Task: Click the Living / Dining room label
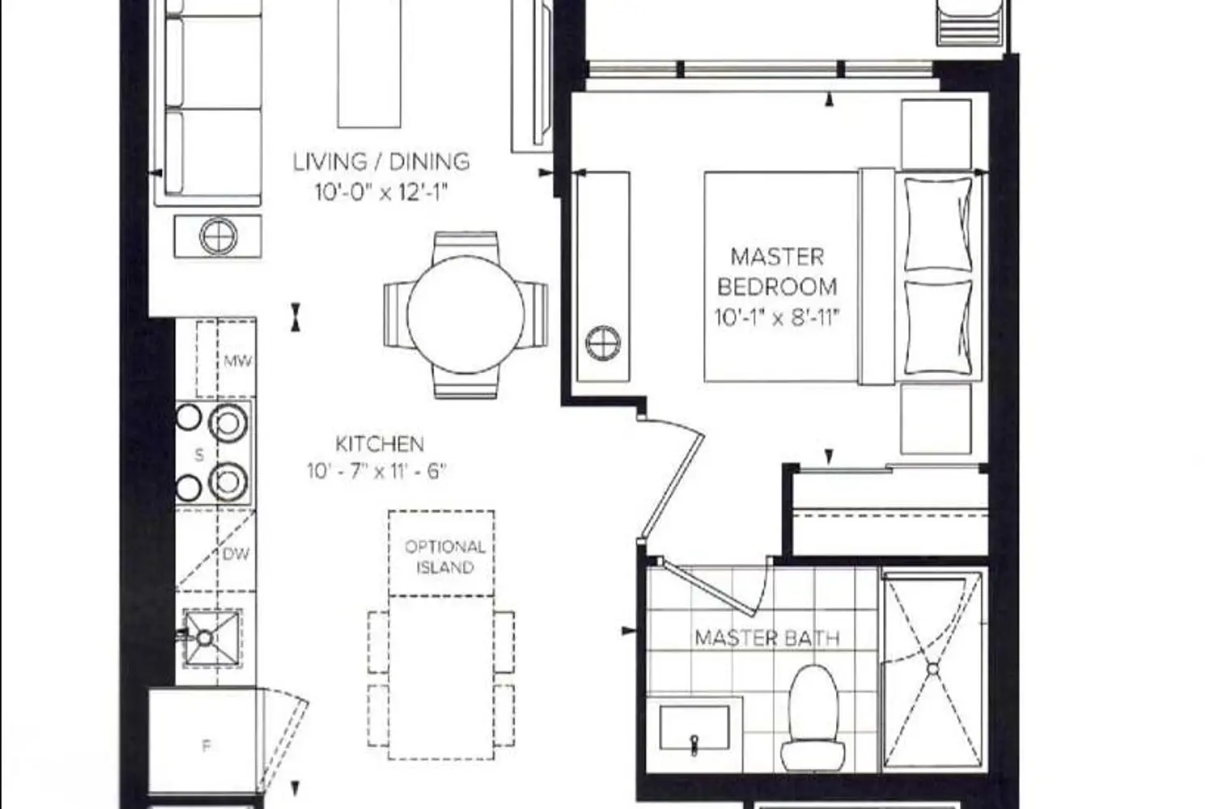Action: [381, 162]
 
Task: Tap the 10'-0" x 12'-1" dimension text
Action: [382, 192]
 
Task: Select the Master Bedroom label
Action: [777, 272]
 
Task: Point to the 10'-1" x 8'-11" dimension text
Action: [777, 317]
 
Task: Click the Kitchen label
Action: [380, 444]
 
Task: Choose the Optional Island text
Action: [445, 557]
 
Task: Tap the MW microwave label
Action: [238, 361]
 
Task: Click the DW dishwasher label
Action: [236, 554]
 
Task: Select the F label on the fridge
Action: [206, 746]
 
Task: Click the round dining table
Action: [465, 315]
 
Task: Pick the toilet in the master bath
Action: [813, 718]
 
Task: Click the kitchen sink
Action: [211, 638]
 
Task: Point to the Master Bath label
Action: [767, 638]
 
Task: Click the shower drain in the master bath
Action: [932, 670]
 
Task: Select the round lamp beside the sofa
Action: [219, 236]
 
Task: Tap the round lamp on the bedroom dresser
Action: [603, 344]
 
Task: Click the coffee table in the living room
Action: [369, 63]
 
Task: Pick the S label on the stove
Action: [199, 455]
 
